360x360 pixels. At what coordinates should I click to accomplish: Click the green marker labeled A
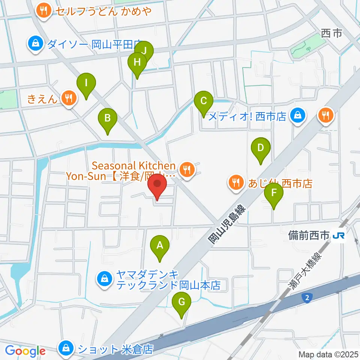click(160, 246)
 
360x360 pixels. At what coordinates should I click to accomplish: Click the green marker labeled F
click(274, 193)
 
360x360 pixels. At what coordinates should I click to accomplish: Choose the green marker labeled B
click(107, 118)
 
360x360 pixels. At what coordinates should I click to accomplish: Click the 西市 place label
click(332, 34)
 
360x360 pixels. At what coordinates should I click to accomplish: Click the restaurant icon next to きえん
click(68, 99)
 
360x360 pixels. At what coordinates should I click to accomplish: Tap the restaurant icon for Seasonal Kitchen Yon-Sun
click(186, 170)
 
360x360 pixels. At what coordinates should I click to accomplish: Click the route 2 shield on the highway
click(307, 297)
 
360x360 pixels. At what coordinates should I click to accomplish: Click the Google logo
click(25, 351)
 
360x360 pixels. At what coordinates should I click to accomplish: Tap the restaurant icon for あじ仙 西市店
click(235, 183)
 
